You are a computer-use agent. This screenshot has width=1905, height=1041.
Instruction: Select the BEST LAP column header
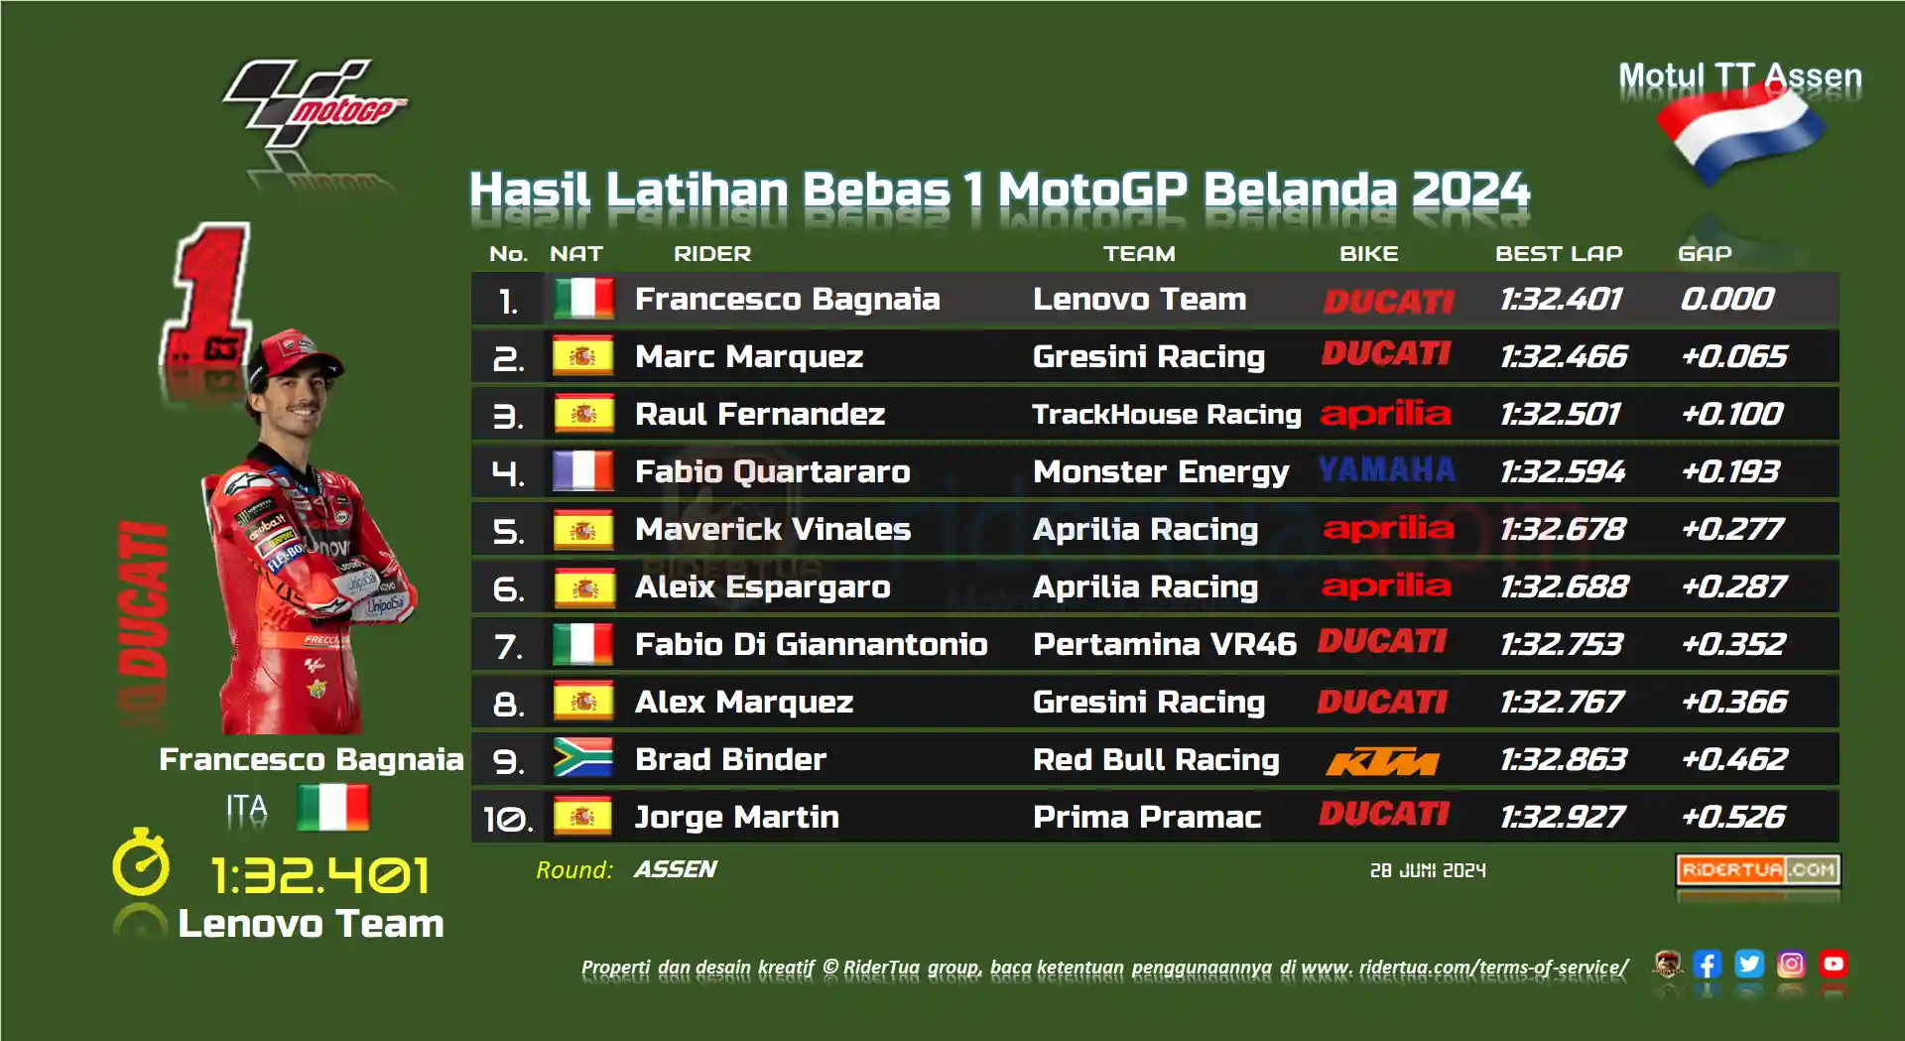[1559, 254]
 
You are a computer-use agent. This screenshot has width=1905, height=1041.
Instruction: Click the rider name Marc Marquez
[749, 356]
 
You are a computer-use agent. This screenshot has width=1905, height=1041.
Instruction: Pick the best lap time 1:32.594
[1563, 471]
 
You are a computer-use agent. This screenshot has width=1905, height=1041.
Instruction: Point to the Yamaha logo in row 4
[1386, 469]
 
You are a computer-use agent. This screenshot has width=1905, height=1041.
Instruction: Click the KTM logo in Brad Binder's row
[1382, 761]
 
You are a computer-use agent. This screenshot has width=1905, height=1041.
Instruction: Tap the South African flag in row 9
[583, 758]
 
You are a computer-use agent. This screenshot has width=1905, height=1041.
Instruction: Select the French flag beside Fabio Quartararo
[583, 470]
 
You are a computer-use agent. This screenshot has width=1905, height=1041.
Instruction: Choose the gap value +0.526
[1733, 817]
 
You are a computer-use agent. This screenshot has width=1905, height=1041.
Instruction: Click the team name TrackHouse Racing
[1166, 414]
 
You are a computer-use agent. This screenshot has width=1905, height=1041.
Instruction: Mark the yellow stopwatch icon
[141, 861]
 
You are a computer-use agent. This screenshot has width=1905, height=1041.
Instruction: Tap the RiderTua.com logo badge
[1758, 870]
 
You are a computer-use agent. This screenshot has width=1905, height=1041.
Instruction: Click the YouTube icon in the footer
[1834, 964]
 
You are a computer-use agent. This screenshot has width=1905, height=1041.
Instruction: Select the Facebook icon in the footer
[1708, 964]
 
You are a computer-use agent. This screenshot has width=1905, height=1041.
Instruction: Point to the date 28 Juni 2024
[1428, 870]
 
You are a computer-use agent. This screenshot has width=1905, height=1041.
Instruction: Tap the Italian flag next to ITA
[333, 807]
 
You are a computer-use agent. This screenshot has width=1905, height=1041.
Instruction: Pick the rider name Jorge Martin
[736, 817]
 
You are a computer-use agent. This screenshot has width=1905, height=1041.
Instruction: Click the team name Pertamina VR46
[1165, 644]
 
